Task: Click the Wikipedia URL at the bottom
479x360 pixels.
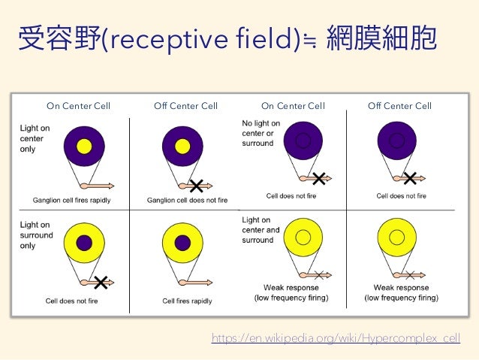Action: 335,339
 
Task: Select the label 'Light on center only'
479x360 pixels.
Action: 35,138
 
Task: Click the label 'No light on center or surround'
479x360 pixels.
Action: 261,133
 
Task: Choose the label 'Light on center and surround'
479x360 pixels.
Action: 261,230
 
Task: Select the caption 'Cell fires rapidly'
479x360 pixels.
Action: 187,301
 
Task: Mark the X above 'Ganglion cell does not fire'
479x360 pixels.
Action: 197,185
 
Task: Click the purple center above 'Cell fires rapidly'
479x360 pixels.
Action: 182,242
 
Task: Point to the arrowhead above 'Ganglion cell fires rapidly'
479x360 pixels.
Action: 110,185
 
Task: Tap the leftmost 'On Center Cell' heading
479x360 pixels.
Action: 78,106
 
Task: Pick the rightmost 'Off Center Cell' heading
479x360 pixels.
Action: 399,106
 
